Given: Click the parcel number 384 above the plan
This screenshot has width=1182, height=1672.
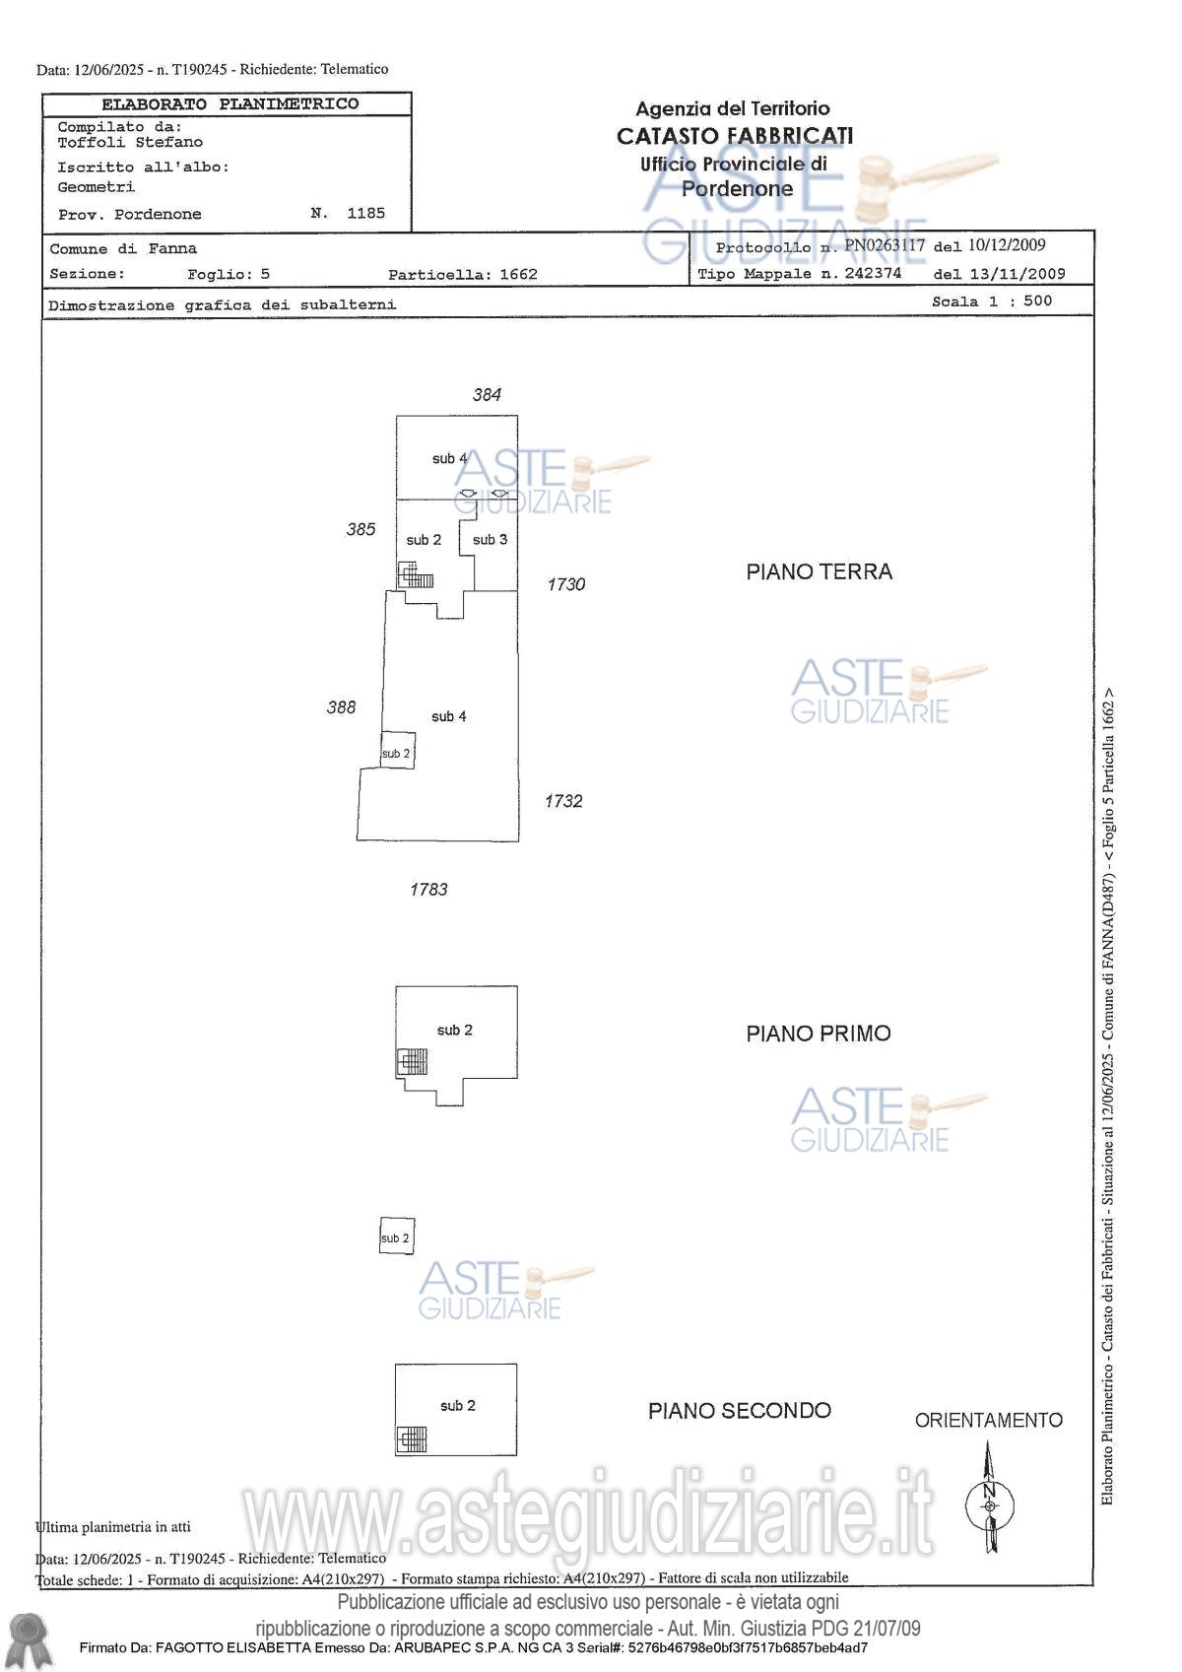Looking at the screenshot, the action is tap(487, 395).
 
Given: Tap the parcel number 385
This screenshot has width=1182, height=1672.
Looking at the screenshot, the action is tap(361, 529).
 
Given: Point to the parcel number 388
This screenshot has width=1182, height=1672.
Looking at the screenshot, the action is tap(341, 706).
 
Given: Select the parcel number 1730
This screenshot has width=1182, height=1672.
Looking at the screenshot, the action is tap(565, 584).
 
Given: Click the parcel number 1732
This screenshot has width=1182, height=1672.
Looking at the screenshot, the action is tap(563, 801).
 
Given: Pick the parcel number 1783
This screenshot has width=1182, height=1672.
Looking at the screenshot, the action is tap(428, 889).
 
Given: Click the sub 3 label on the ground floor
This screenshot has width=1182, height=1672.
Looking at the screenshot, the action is tap(490, 540).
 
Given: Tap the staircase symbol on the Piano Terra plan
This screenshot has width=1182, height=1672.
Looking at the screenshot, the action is tap(416, 575).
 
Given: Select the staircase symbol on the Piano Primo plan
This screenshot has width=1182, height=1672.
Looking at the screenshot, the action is tap(412, 1061).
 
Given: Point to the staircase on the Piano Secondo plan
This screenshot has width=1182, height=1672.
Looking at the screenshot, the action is tap(411, 1439).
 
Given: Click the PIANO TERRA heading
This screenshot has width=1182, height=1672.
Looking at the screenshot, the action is tap(819, 571).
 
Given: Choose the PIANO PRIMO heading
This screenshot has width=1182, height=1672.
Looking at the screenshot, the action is tap(818, 1034).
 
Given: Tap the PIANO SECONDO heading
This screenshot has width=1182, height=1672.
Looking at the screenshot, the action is tap(739, 1411).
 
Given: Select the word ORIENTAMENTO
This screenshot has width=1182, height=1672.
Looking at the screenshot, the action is tap(988, 1420).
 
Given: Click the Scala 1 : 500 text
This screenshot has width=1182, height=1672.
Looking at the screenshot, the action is tap(992, 301).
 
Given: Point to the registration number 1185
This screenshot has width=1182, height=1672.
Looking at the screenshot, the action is tap(365, 213).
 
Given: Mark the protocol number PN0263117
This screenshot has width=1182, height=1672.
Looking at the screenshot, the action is tap(885, 245).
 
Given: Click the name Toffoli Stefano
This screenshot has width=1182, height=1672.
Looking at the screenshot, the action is tap(130, 142).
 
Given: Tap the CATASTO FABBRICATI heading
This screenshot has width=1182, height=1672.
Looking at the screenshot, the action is tap(734, 136).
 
